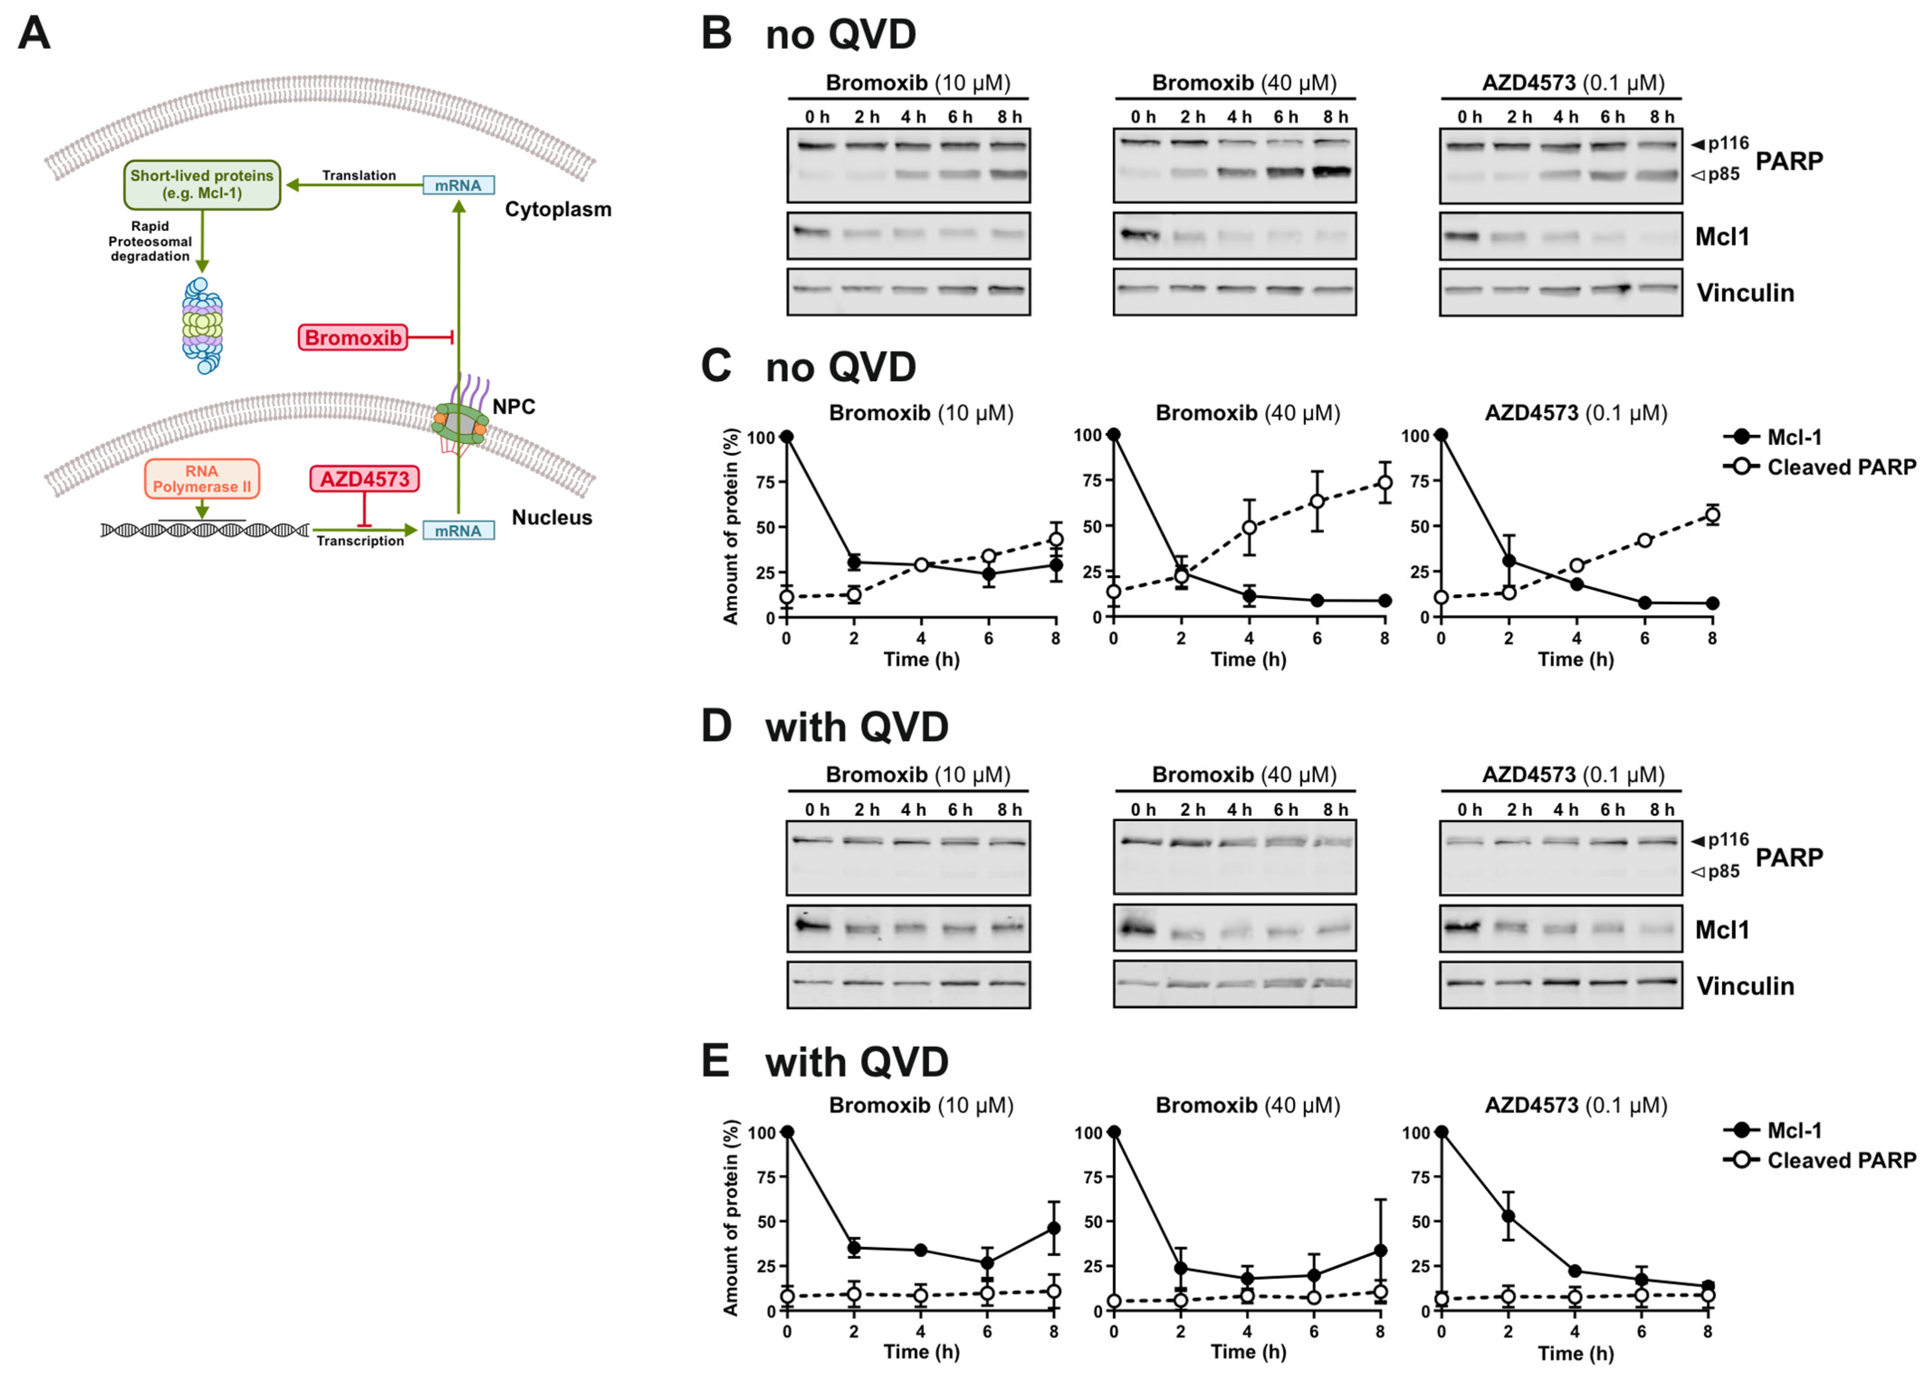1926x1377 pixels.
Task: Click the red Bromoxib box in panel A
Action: tap(353, 338)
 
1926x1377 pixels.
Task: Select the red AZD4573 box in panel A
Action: tap(364, 479)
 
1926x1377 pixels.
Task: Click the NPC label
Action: tap(514, 407)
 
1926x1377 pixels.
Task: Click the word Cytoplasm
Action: tap(558, 210)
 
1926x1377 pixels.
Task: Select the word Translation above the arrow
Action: tap(358, 176)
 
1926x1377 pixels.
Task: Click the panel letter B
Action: tap(717, 34)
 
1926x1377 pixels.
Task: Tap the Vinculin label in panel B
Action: tap(1744, 293)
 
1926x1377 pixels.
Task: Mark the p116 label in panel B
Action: tap(1728, 143)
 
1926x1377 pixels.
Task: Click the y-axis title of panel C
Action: tap(731, 526)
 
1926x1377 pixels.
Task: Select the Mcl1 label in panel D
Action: tap(1722, 930)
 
